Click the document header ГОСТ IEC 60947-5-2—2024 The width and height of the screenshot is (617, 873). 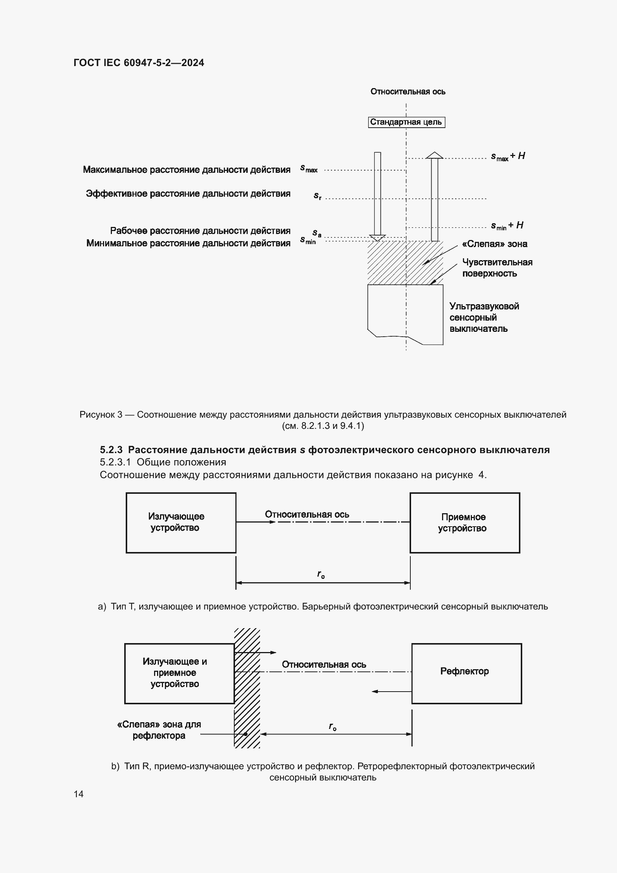(139, 63)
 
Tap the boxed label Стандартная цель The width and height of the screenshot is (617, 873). (406, 122)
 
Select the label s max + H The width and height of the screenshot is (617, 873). (508, 156)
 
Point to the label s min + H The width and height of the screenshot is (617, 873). (507, 226)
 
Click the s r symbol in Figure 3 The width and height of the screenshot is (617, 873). (317, 196)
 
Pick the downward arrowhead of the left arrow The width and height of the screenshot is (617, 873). (377, 238)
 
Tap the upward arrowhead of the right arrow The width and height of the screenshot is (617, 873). (434, 155)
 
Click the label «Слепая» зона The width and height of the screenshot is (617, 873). (495, 244)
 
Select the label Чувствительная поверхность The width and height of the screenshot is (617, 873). (497, 268)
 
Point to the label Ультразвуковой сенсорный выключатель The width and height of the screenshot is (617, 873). (484, 318)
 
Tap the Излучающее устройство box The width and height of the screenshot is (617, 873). (181, 523)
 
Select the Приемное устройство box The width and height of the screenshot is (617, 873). (465, 523)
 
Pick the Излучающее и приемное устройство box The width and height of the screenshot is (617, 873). (179, 673)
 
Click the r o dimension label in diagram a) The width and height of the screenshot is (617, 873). (321, 574)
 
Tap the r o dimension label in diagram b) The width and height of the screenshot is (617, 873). (332, 727)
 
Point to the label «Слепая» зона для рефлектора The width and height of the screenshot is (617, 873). (159, 730)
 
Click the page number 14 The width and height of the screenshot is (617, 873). (79, 794)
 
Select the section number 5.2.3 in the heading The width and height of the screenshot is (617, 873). (111, 450)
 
